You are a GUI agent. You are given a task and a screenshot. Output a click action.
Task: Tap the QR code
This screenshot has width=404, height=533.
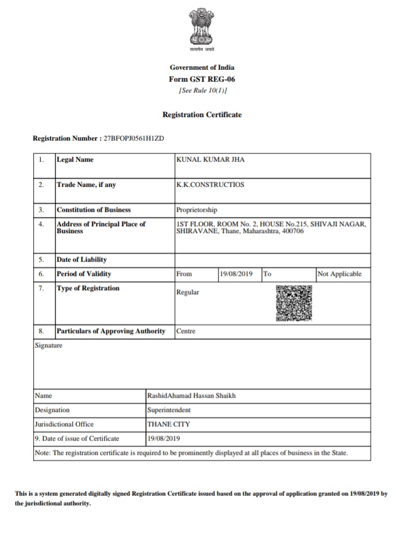(x=294, y=303)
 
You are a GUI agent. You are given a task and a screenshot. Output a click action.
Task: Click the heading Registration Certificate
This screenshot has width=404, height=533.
(x=202, y=115)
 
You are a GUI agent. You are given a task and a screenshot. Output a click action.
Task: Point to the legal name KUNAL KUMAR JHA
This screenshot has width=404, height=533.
(x=211, y=160)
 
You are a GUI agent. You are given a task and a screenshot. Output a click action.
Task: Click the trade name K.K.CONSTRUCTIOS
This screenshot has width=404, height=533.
(x=211, y=185)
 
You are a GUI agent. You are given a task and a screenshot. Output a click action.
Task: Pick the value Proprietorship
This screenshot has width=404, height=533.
(x=197, y=210)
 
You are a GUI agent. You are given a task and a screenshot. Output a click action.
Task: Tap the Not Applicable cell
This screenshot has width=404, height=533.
(x=339, y=274)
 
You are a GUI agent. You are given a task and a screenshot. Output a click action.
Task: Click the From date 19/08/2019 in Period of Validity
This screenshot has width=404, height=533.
(x=236, y=274)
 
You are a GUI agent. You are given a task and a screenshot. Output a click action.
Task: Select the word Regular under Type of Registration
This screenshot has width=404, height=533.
(x=188, y=292)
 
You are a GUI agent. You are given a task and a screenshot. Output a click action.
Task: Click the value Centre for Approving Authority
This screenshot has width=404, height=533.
(x=186, y=331)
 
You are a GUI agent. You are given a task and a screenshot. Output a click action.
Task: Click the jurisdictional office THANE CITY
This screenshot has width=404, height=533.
(x=168, y=424)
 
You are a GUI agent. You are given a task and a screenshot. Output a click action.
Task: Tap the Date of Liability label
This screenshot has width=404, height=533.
(x=81, y=260)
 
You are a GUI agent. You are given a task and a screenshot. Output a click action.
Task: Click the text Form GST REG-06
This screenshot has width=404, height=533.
(x=202, y=80)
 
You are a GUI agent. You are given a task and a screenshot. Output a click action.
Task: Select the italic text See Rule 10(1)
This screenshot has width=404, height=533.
(x=202, y=91)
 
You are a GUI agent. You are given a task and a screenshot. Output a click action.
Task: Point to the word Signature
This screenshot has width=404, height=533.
(x=49, y=346)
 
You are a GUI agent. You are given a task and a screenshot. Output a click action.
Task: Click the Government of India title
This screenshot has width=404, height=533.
(x=202, y=68)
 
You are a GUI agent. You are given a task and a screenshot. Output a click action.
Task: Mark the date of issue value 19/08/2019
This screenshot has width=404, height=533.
(x=164, y=439)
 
